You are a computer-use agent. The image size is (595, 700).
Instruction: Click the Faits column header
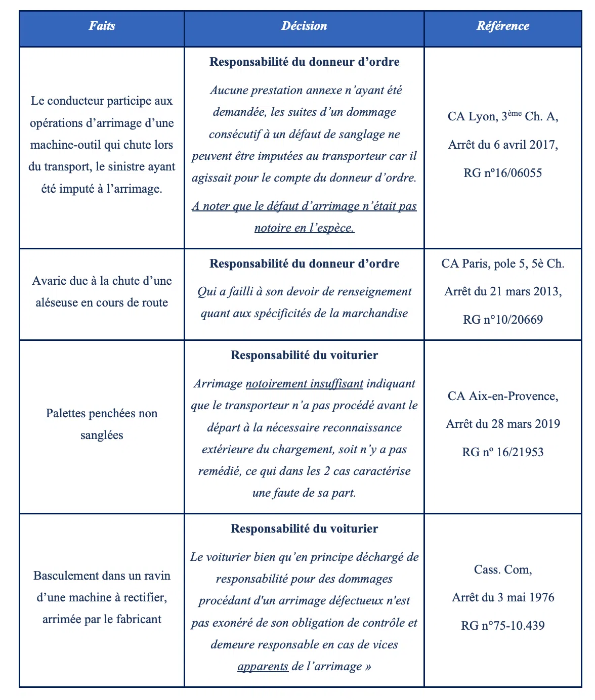pyautogui.click(x=102, y=26)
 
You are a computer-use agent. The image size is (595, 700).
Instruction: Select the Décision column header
pyautogui.click(x=304, y=26)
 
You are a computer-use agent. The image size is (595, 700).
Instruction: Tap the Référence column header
pyautogui.click(x=502, y=26)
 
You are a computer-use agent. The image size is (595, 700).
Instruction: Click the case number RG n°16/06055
pyautogui.click(x=502, y=173)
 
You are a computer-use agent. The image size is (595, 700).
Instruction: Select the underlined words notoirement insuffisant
pyautogui.click(x=304, y=384)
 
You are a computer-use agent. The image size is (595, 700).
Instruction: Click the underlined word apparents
pyautogui.click(x=263, y=667)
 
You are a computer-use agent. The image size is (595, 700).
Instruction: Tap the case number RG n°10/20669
pyautogui.click(x=502, y=320)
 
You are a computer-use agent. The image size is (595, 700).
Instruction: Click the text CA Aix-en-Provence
pyautogui.click(x=502, y=396)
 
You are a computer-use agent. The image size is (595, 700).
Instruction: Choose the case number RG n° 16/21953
pyautogui.click(x=502, y=452)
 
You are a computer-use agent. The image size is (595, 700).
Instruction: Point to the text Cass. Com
pyautogui.click(x=502, y=570)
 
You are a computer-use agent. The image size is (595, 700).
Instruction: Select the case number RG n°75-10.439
pyautogui.click(x=502, y=626)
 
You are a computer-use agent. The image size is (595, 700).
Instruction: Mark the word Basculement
pyautogui.click(x=65, y=576)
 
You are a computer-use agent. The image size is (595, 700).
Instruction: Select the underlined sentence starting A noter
pyautogui.click(x=304, y=217)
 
